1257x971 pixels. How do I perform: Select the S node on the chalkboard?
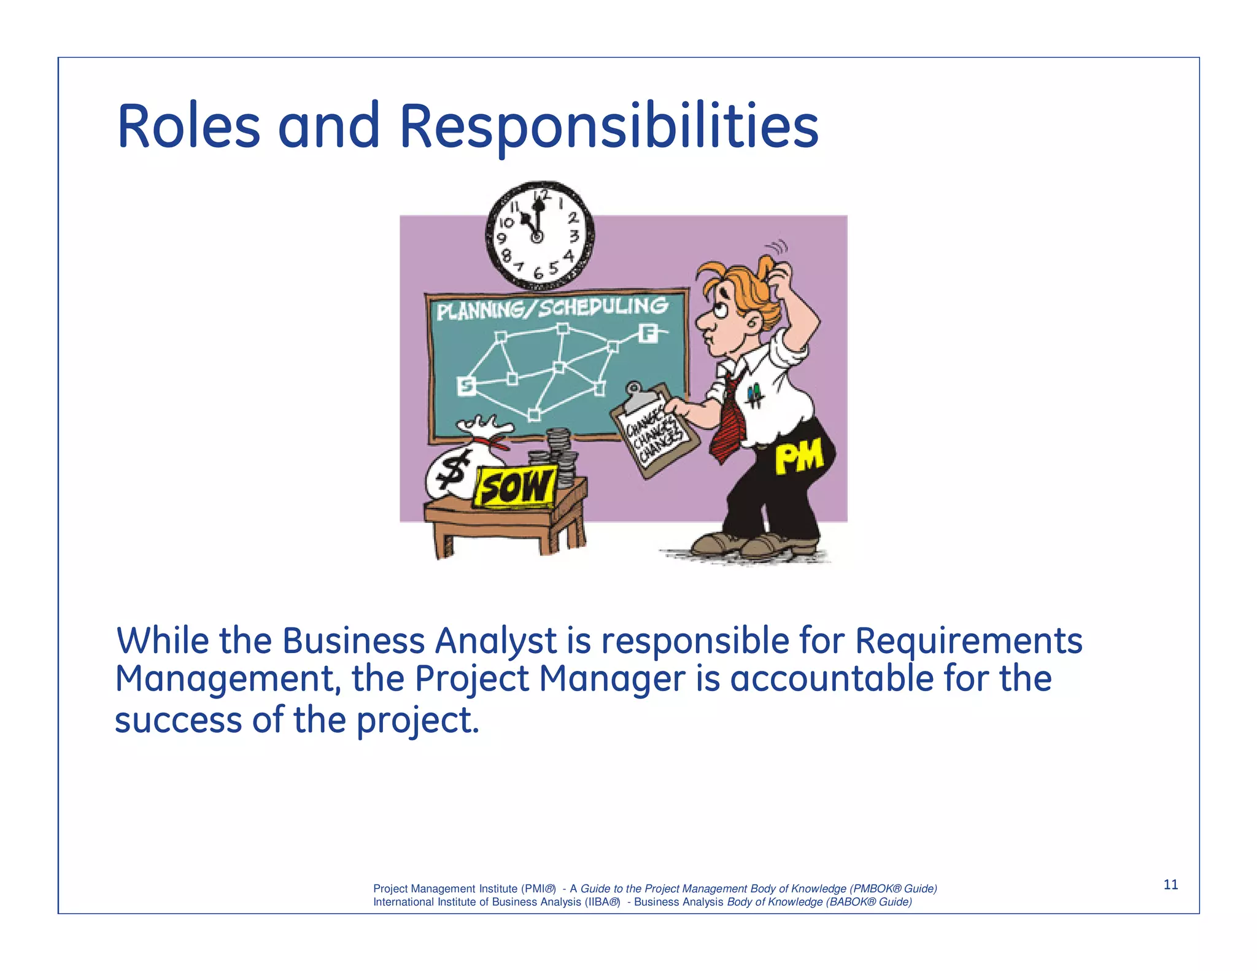(x=466, y=386)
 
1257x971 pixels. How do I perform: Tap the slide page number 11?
(x=1170, y=884)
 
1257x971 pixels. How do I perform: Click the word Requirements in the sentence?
(x=968, y=641)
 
